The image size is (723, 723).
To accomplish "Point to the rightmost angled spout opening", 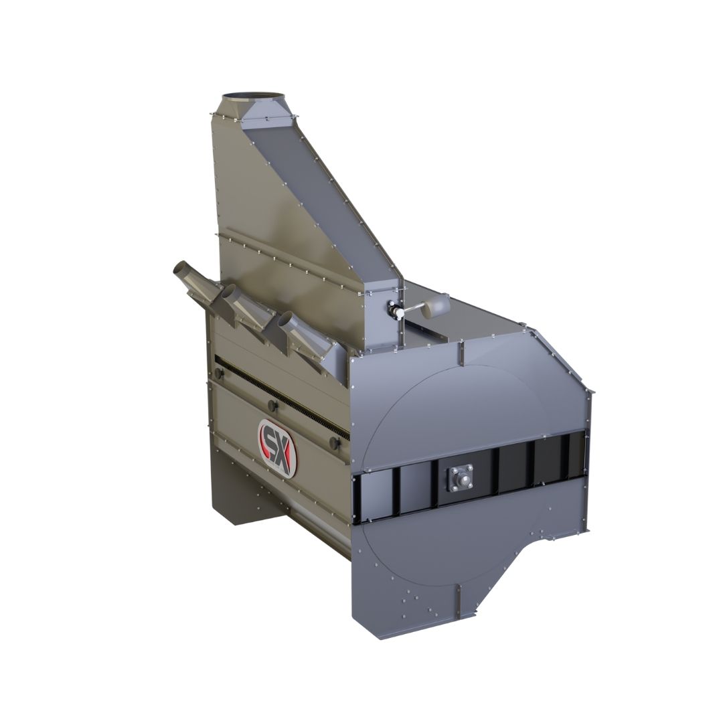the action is coord(285,319).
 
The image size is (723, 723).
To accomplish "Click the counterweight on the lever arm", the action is coord(436,305).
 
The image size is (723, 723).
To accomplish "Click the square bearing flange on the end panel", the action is coord(460,479).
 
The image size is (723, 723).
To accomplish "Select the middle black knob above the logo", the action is coord(272,406).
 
